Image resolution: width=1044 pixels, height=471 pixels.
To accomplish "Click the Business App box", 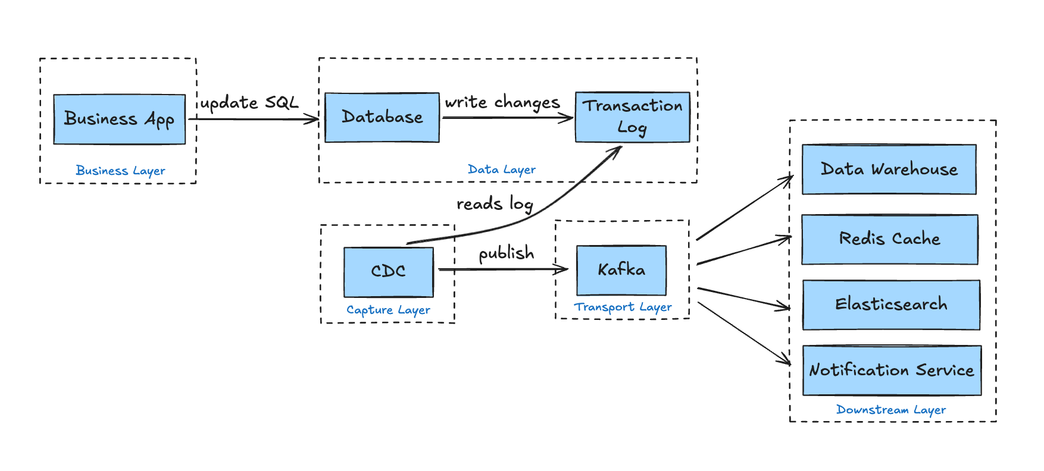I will (x=119, y=119).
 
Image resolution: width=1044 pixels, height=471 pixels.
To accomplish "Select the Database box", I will (x=382, y=117).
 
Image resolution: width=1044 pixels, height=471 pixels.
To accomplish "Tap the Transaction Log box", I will (x=632, y=117).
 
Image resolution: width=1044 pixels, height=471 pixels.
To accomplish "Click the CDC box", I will (x=389, y=272).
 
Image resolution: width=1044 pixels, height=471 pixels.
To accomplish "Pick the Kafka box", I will (x=621, y=270).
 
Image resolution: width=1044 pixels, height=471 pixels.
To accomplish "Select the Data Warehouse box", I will (x=889, y=169).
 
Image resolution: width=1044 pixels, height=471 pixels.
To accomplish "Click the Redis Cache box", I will (x=889, y=239).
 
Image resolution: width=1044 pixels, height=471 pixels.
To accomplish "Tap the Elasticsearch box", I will (x=890, y=304).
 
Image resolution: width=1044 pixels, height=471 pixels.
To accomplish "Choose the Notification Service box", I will (x=891, y=370).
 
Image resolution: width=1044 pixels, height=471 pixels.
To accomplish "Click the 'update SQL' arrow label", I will (x=249, y=103).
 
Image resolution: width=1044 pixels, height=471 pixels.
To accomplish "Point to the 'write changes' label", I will (x=502, y=102).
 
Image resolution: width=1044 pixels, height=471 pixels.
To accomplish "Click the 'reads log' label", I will (x=494, y=204).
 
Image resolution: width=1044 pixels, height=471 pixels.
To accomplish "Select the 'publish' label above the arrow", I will (x=507, y=253).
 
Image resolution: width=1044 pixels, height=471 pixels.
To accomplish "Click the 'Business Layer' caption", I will (x=120, y=171).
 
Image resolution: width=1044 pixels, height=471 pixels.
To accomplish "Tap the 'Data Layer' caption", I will (x=501, y=169).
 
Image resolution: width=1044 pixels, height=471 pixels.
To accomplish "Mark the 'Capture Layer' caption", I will (x=388, y=310).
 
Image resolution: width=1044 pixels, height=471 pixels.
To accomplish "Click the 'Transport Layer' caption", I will (x=623, y=307).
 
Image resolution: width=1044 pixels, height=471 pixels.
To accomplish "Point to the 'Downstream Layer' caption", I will (x=890, y=410).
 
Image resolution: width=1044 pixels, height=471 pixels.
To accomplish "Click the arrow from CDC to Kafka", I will (x=503, y=269).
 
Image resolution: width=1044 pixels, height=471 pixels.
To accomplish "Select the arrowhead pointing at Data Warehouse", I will (x=789, y=178).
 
